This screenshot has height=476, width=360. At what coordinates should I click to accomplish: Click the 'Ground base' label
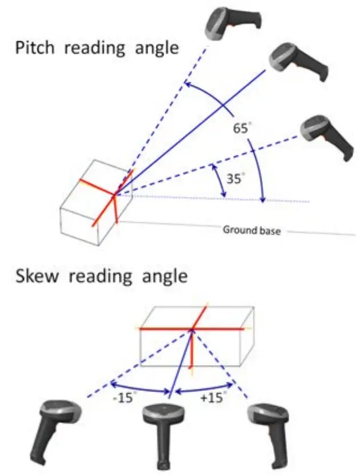(x=251, y=231)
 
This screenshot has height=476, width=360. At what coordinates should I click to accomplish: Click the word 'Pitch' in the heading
(x=35, y=48)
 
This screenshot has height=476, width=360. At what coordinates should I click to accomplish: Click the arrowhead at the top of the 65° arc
(x=186, y=85)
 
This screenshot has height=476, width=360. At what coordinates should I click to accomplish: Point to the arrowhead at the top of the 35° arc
(x=214, y=166)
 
